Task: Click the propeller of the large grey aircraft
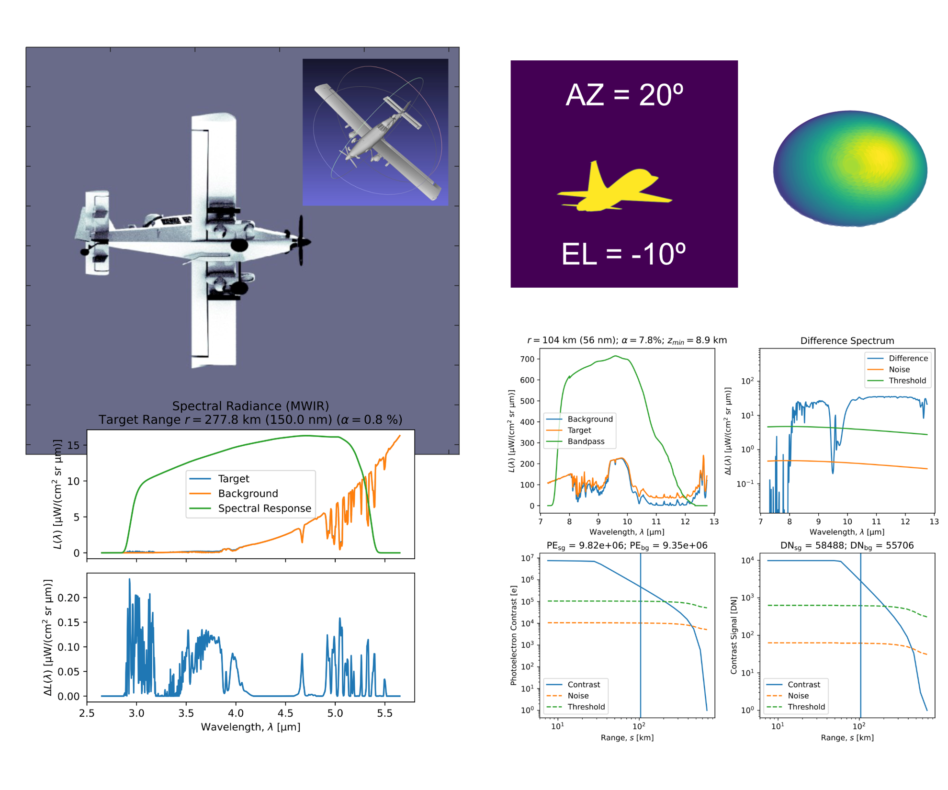[301, 240]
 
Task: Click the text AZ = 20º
[624, 95]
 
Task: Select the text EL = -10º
[623, 254]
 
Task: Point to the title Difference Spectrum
[847, 341]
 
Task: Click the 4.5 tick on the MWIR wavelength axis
[285, 713]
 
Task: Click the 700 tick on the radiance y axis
[527, 359]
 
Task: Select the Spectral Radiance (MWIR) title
[250, 406]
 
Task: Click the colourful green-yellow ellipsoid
[850, 169]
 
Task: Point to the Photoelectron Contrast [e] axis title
[514, 635]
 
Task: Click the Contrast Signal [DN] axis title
[734, 635]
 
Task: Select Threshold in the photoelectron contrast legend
[586, 707]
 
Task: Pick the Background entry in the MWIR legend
[248, 494]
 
